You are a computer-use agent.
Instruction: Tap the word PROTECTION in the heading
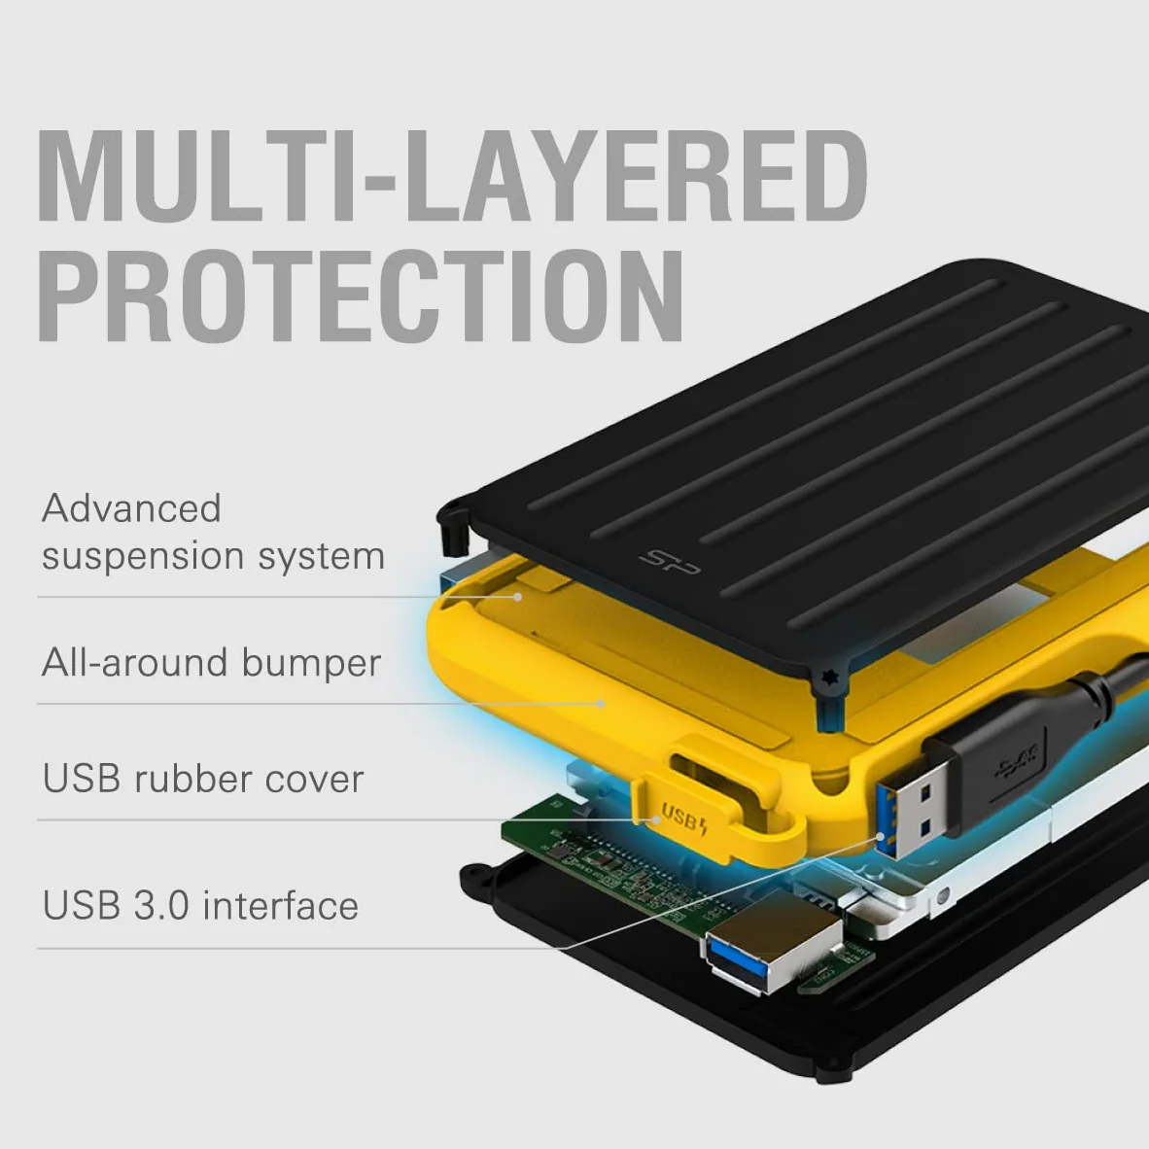click(x=361, y=296)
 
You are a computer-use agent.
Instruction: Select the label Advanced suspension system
click(x=213, y=532)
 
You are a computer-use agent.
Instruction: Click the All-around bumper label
click(x=211, y=663)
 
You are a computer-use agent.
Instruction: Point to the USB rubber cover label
click(x=203, y=779)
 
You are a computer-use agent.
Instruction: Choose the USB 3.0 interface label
click(x=200, y=905)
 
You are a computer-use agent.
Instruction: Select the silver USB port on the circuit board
click(x=773, y=951)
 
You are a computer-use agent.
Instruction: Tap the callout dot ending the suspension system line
click(x=517, y=597)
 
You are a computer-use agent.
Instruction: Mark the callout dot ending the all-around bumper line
click(x=602, y=704)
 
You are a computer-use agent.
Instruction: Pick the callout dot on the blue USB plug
click(x=880, y=835)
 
